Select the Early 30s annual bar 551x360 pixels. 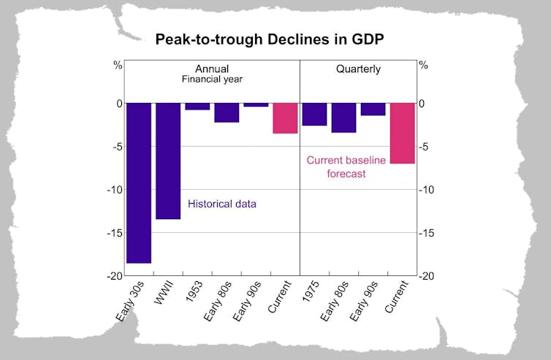[139, 183]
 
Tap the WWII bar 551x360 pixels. [168, 161]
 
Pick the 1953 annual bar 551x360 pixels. [197, 107]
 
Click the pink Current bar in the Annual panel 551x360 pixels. [285, 118]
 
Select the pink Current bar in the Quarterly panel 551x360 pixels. [402, 133]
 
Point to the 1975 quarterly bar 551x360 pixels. [314, 115]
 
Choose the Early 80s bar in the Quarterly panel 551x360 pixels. [343, 118]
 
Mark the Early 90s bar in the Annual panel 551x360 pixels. [256, 105]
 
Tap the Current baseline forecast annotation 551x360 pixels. [346, 167]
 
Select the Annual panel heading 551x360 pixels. [212, 69]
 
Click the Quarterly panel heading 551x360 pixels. [358, 69]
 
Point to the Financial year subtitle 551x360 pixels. [212, 81]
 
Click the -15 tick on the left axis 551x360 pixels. [115, 233]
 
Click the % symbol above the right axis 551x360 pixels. [424, 66]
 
